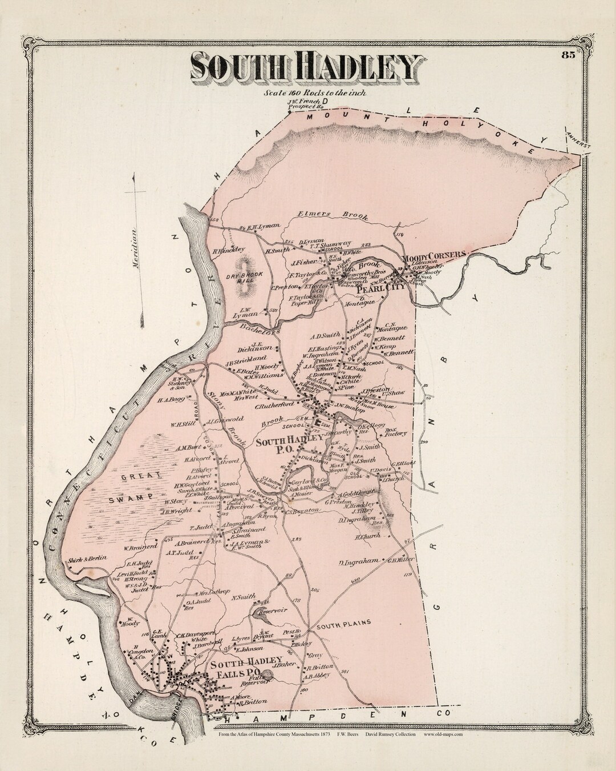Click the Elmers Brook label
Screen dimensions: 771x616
point(333,216)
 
